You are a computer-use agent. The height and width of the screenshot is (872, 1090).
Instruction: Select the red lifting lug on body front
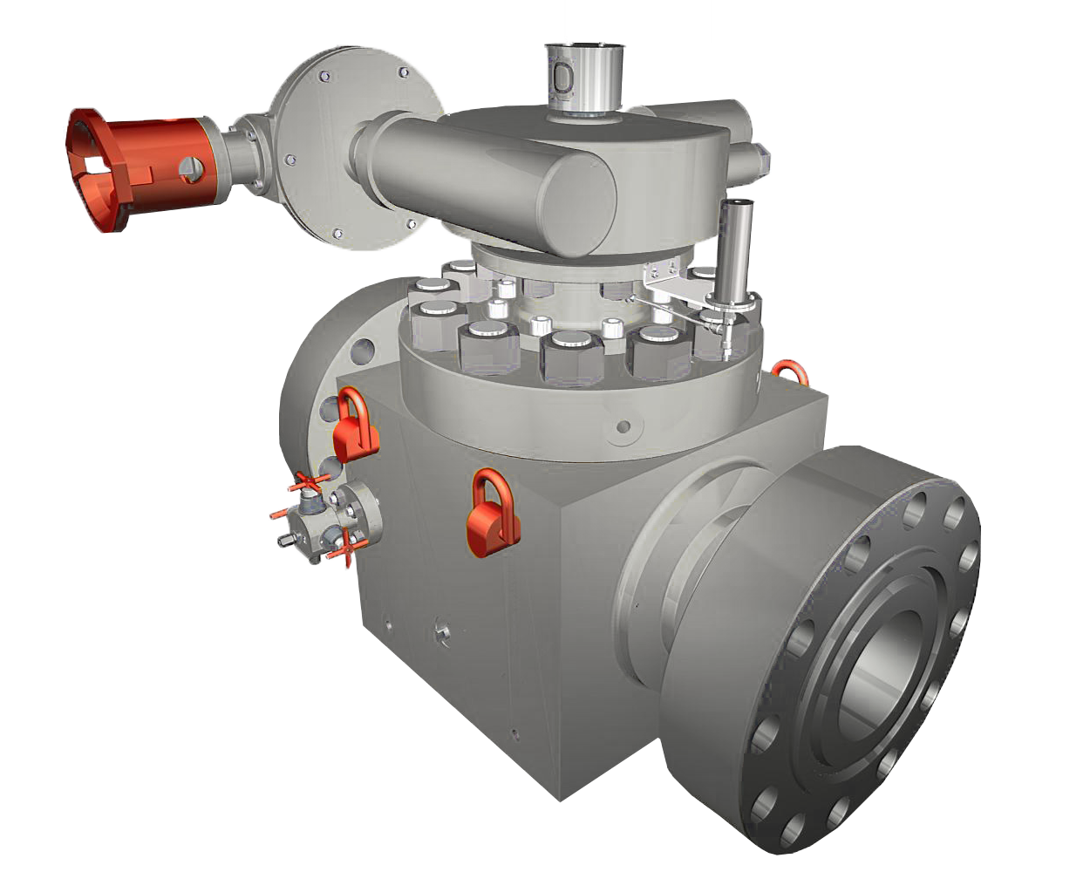pos(492,515)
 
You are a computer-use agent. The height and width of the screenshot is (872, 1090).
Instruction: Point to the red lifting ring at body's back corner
pos(790,371)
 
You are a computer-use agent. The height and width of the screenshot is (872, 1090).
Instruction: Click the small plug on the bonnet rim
pos(623,427)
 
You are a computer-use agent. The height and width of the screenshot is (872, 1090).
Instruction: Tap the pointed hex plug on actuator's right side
pos(760,157)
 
